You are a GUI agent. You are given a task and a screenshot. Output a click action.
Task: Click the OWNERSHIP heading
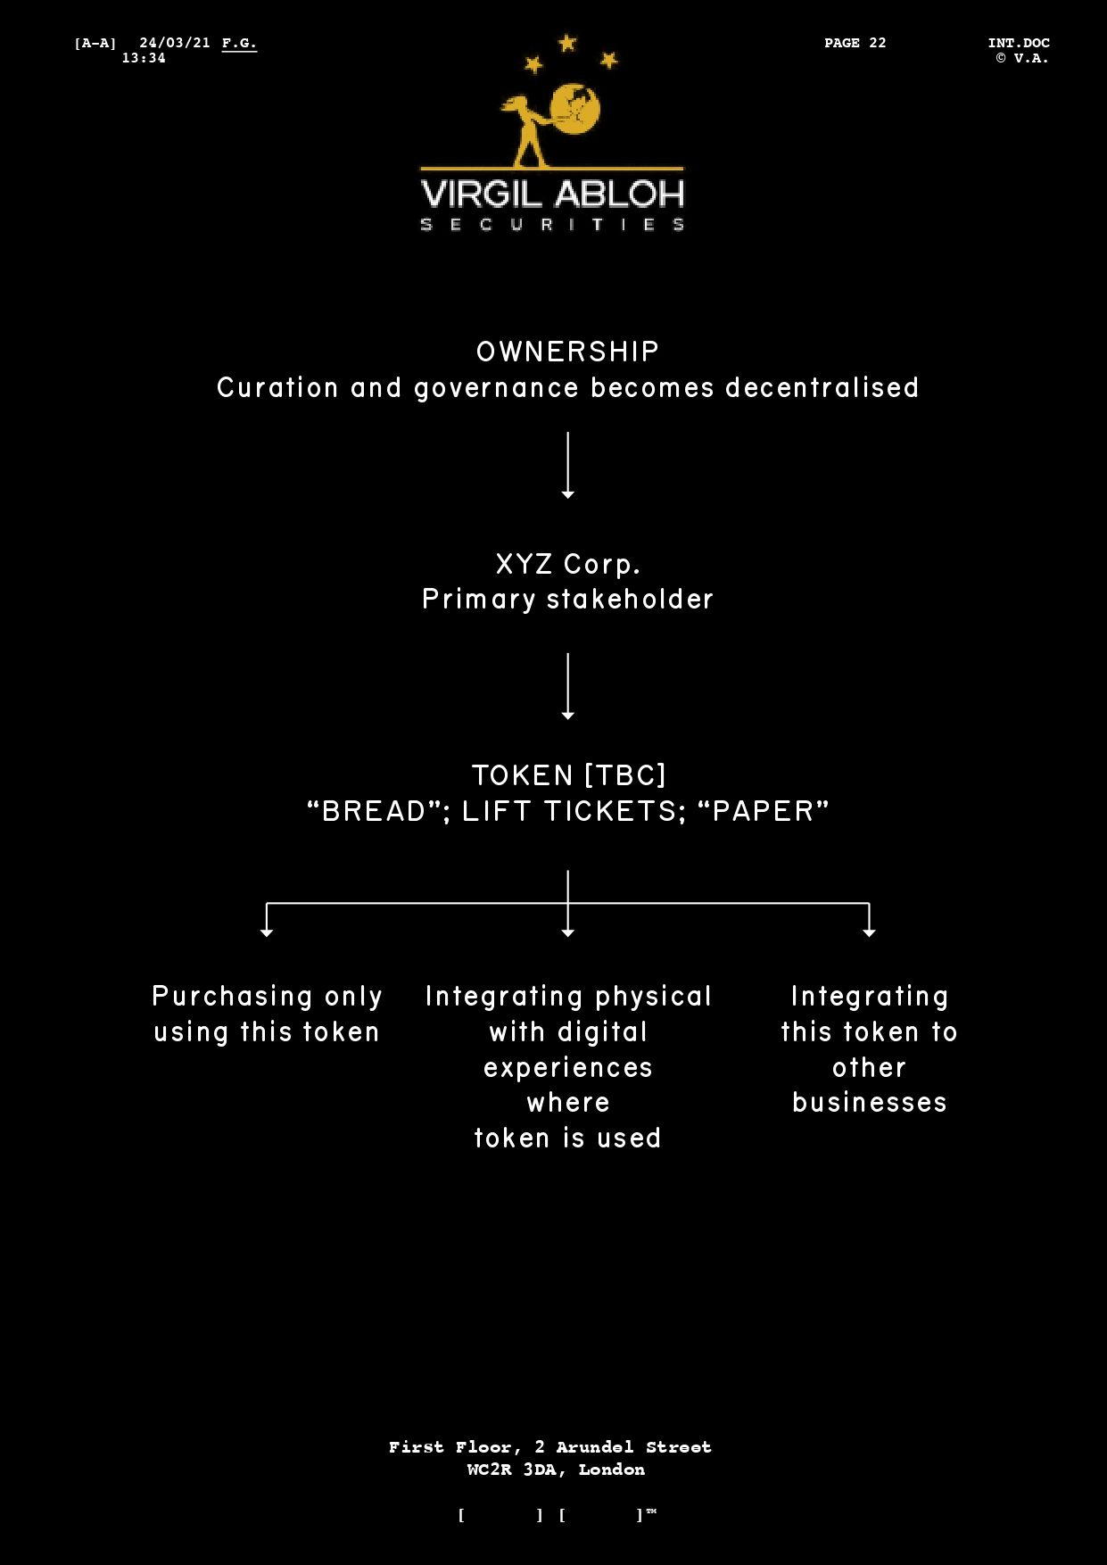(x=567, y=352)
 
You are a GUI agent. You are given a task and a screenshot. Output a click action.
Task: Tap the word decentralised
(x=822, y=388)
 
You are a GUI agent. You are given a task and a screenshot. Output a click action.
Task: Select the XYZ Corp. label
(x=567, y=564)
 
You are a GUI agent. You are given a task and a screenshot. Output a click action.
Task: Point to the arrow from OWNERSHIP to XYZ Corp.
(x=567, y=465)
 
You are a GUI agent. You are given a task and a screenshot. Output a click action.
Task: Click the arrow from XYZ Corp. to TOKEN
(x=567, y=686)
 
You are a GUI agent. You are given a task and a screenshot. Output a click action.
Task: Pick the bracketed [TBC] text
(x=624, y=775)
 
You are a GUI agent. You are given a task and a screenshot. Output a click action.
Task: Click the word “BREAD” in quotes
(x=375, y=811)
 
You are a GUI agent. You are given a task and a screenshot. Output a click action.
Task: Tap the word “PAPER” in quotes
(x=763, y=811)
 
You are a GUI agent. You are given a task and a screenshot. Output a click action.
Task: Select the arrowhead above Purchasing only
(x=267, y=932)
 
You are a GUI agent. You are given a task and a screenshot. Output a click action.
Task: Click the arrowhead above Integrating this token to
(x=869, y=932)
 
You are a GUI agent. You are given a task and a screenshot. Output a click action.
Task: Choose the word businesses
(x=869, y=1103)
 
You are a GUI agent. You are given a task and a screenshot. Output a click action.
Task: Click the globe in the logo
(x=575, y=108)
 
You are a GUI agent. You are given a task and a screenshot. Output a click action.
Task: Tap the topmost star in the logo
(x=567, y=43)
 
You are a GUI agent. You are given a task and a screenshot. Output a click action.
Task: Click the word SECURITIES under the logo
(x=552, y=224)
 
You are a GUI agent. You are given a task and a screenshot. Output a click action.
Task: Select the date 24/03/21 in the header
(x=175, y=43)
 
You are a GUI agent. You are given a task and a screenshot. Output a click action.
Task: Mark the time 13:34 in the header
(x=144, y=58)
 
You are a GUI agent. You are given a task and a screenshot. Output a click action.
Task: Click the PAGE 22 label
(x=855, y=43)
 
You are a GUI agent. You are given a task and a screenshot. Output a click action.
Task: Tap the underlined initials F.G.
(x=239, y=43)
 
